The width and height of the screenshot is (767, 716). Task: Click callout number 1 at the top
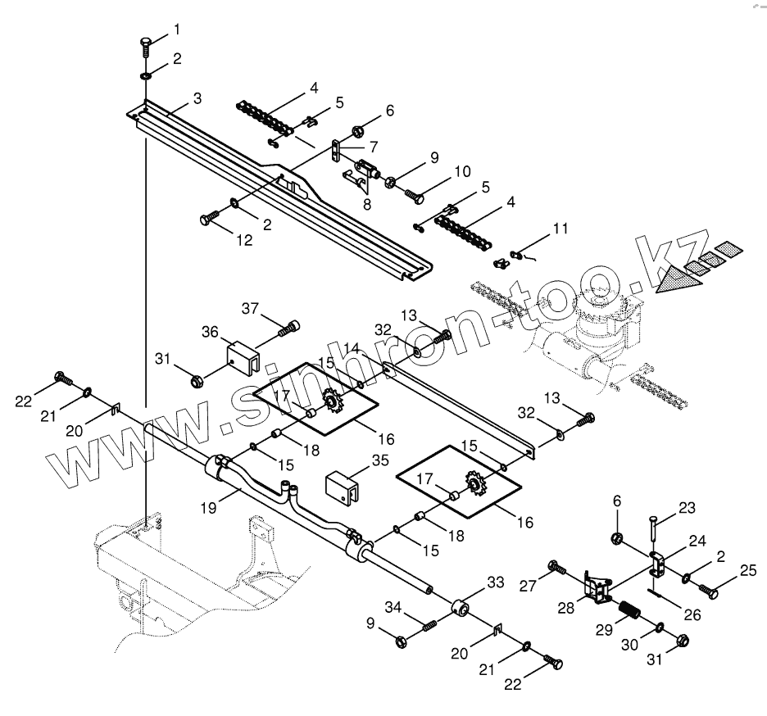click(176, 29)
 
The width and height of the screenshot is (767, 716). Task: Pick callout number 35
click(379, 460)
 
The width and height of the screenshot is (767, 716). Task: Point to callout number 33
click(496, 582)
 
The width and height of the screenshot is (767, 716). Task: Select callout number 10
click(461, 172)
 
